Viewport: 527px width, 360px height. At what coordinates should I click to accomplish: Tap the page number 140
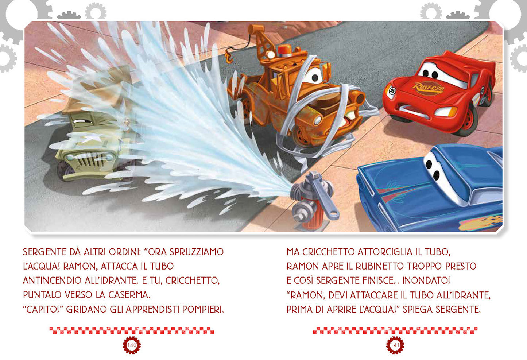tap(132, 345)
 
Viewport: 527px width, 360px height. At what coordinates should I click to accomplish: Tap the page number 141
tap(395, 345)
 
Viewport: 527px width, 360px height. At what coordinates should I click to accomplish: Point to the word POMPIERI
tap(202, 309)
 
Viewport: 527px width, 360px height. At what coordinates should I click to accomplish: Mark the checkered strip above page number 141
tap(395, 331)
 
